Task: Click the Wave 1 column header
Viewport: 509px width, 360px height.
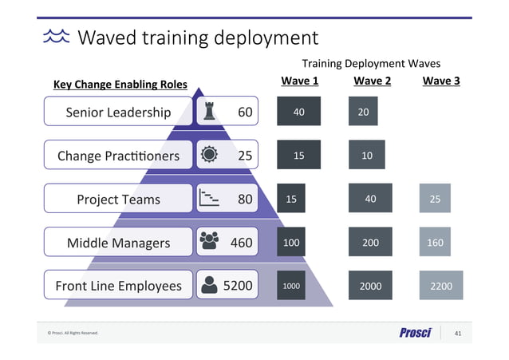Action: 300,81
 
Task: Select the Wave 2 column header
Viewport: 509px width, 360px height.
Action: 372,81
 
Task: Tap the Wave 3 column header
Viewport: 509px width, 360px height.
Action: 440,81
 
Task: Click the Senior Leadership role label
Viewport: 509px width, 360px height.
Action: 118,113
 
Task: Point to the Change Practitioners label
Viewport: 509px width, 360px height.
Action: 118,156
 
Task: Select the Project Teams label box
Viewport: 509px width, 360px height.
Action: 118,200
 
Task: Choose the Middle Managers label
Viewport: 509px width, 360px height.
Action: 118,243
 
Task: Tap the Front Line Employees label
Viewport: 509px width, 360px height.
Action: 118,286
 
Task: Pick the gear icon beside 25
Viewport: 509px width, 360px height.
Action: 209,155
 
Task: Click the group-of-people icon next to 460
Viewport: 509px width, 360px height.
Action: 209,242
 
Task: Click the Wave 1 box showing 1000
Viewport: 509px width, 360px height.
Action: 291,286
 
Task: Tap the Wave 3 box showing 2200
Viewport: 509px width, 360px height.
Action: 440,286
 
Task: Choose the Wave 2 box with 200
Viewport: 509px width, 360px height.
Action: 370,243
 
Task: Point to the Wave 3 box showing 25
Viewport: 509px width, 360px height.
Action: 435,199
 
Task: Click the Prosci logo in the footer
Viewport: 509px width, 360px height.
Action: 415,333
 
